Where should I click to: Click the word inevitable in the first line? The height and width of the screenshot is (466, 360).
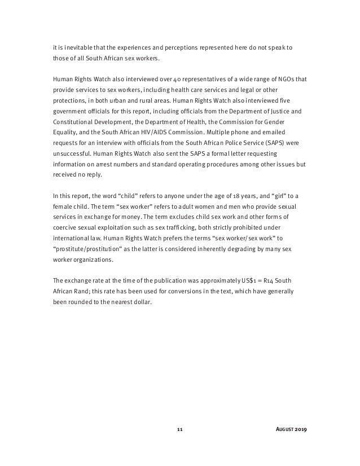click(72, 49)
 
